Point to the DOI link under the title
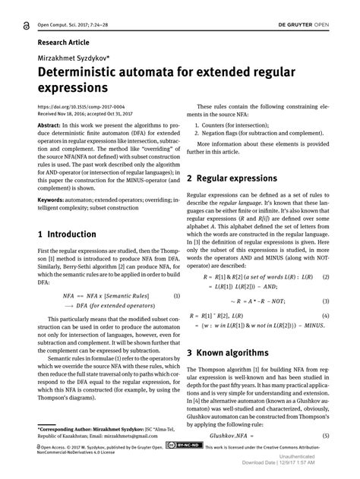coord(81,106)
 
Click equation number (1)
coord(176,295)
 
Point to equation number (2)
coord(325,278)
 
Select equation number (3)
coord(325,301)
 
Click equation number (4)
coord(325,314)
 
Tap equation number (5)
coord(325,436)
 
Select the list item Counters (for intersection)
coord(242,133)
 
